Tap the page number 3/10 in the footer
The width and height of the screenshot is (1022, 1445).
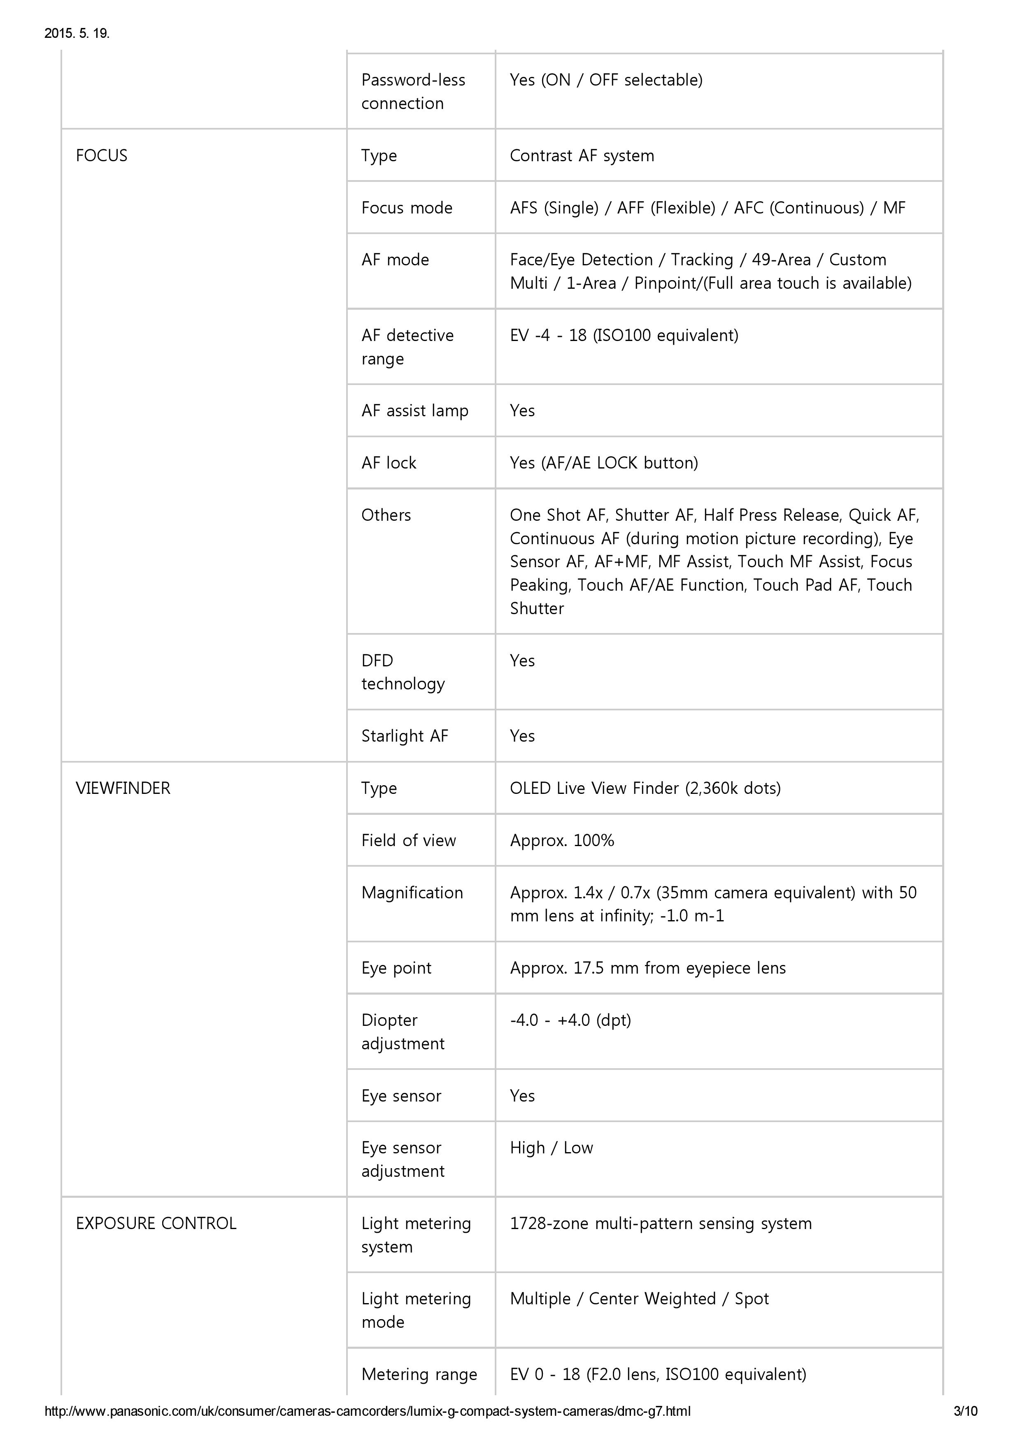[965, 1411]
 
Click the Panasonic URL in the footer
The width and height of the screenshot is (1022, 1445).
[367, 1411]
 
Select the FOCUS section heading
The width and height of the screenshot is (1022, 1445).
[101, 155]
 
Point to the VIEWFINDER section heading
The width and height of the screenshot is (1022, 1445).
[123, 788]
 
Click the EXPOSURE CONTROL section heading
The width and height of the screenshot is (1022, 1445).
[156, 1223]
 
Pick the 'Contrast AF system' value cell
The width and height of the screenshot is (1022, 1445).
[582, 155]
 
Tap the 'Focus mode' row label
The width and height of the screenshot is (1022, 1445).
[407, 208]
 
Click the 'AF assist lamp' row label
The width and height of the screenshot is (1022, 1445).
[415, 411]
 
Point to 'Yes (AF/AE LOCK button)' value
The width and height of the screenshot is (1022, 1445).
[604, 463]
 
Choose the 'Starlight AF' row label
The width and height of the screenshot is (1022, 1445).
[404, 736]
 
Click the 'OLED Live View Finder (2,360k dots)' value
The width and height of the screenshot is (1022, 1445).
[645, 788]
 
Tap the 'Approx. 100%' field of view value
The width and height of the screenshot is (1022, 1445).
[562, 840]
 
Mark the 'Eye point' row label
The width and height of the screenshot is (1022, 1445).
[396, 968]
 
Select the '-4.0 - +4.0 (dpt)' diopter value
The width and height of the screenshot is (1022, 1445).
[570, 1020]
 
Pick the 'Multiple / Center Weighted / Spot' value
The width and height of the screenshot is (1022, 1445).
[639, 1298]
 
